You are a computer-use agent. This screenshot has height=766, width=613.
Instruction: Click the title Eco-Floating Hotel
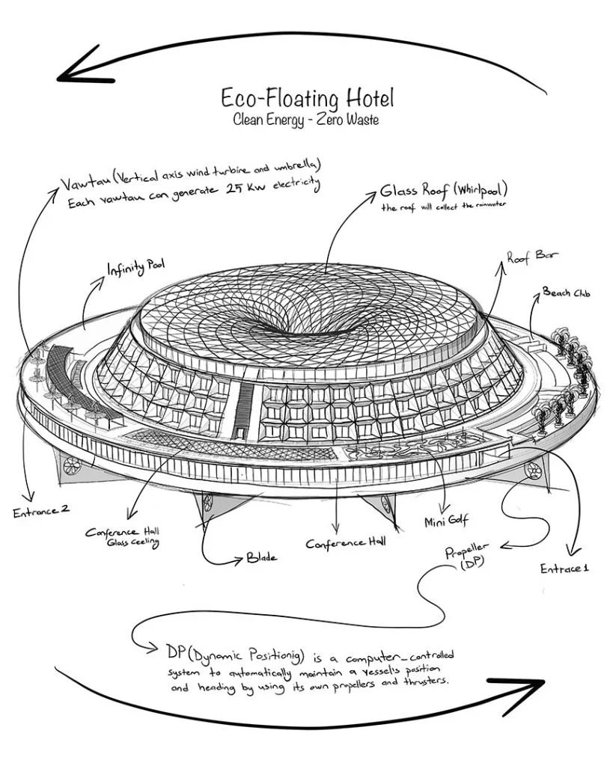(306, 98)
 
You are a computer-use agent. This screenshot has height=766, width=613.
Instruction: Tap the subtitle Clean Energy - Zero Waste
(306, 119)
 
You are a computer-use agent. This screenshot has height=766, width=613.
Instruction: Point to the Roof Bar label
(532, 257)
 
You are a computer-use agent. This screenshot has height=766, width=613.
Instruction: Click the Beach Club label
(566, 292)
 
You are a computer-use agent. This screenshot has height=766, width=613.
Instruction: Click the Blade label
(262, 557)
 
